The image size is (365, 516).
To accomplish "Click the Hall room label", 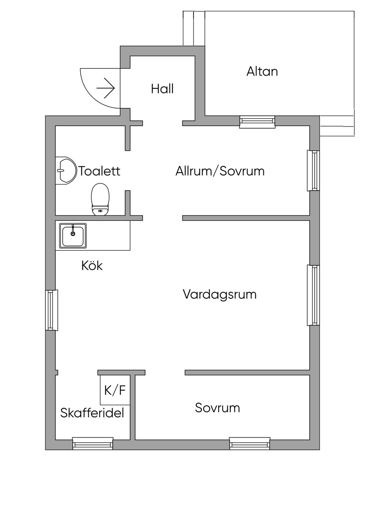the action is point(162,89).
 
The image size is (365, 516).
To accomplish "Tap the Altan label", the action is point(262,71).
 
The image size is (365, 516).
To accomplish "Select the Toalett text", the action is point(99,171).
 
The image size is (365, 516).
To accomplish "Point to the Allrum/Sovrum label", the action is point(220,171).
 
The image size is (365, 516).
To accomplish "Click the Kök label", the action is point(92,265).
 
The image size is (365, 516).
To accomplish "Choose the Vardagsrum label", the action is point(220,294).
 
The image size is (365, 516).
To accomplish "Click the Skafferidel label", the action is point(92,413).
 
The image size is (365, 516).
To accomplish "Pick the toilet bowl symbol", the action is point(100,199).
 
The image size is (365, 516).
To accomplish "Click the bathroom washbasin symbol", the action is point(66,171).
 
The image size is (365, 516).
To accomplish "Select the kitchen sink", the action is point(73,236).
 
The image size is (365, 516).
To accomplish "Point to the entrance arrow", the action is point(106,88).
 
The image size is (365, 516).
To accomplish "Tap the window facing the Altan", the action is point(257,122).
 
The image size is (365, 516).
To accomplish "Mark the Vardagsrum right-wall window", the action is point(313,295).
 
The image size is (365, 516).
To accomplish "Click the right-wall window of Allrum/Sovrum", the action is point(313,170).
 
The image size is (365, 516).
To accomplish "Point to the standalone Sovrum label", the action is point(217,408).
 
